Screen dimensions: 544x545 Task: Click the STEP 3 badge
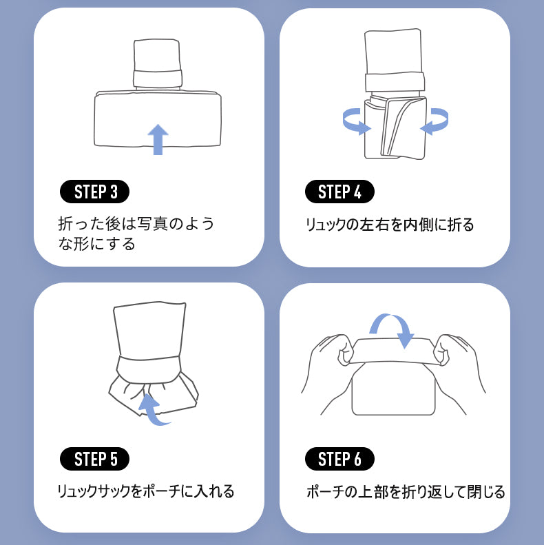coord(94,192)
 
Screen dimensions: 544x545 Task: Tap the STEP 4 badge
coord(339,192)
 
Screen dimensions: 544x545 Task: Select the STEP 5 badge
coord(94,459)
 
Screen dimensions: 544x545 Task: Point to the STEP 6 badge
coord(339,459)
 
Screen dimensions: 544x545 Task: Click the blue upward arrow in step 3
coord(158,140)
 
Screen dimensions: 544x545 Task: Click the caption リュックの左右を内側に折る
coord(390,225)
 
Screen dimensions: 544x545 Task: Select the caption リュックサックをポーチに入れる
coord(145,491)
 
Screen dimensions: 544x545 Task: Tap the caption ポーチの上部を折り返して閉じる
coord(406,492)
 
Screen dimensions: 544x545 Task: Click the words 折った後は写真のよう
coord(136,223)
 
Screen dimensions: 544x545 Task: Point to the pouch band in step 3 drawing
coord(158,79)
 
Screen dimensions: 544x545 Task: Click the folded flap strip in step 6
coord(393,351)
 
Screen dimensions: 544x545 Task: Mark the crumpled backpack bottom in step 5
coord(153,395)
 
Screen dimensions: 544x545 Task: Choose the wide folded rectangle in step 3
coord(158,119)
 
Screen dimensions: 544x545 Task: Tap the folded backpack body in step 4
coord(395,128)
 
